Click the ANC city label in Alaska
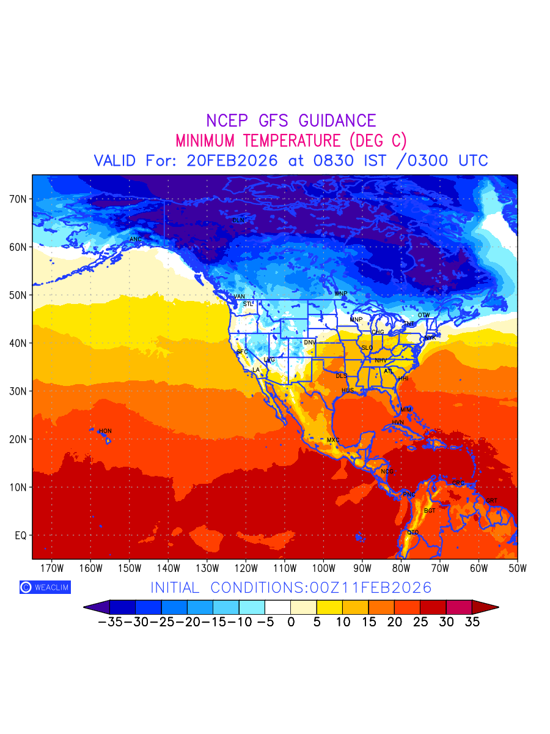click(136, 239)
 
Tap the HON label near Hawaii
click(106, 431)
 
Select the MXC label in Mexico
click(333, 440)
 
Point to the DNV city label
click(310, 343)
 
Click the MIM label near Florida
click(406, 409)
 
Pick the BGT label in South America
click(430, 511)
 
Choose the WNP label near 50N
click(340, 294)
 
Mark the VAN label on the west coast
click(240, 297)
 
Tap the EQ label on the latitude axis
click(20, 535)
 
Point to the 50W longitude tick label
click(518, 568)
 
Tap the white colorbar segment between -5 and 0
click(278, 607)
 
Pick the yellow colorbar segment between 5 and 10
click(330, 607)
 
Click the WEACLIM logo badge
click(45, 587)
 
